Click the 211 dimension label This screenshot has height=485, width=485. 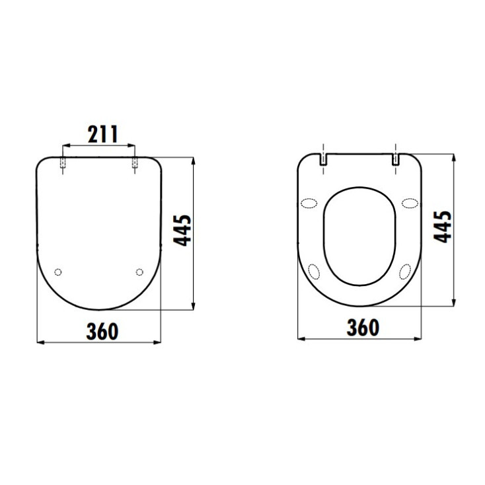click(x=103, y=135)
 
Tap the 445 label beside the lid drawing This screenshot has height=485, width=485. click(x=182, y=231)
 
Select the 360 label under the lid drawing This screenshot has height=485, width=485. click(x=102, y=331)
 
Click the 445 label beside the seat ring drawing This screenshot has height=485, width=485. click(x=443, y=227)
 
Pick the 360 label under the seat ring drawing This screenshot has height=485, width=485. click(x=363, y=328)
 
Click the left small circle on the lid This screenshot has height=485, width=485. click(x=58, y=272)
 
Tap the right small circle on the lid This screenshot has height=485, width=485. click(x=139, y=272)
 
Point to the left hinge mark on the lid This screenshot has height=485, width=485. click(x=63, y=163)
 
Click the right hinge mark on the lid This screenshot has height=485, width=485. click(x=135, y=163)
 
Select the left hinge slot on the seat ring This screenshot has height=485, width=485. click(x=323, y=159)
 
